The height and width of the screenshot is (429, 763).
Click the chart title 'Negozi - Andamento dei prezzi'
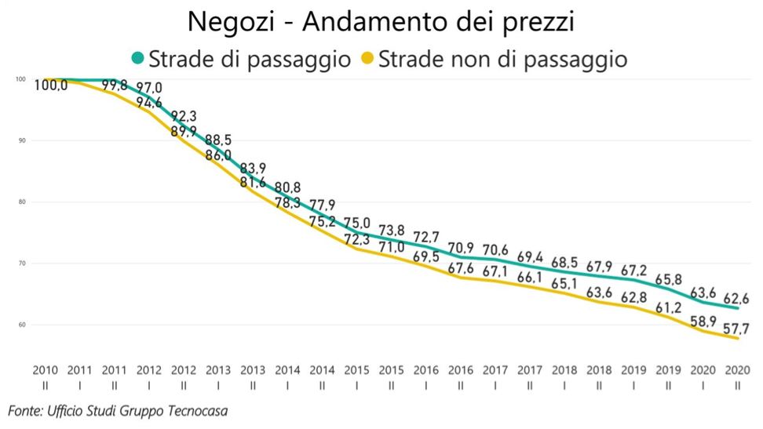(381, 22)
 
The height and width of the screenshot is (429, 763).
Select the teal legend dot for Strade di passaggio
(138, 59)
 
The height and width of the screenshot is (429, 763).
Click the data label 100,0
(51, 85)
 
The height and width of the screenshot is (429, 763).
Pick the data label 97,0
(148, 87)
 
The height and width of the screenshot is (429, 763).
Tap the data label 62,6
(736, 299)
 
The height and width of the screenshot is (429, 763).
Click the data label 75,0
(356, 223)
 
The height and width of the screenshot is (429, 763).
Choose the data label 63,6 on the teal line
(702, 293)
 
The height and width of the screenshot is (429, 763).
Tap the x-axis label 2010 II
(45, 375)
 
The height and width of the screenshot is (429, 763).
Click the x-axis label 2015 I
(356, 375)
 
